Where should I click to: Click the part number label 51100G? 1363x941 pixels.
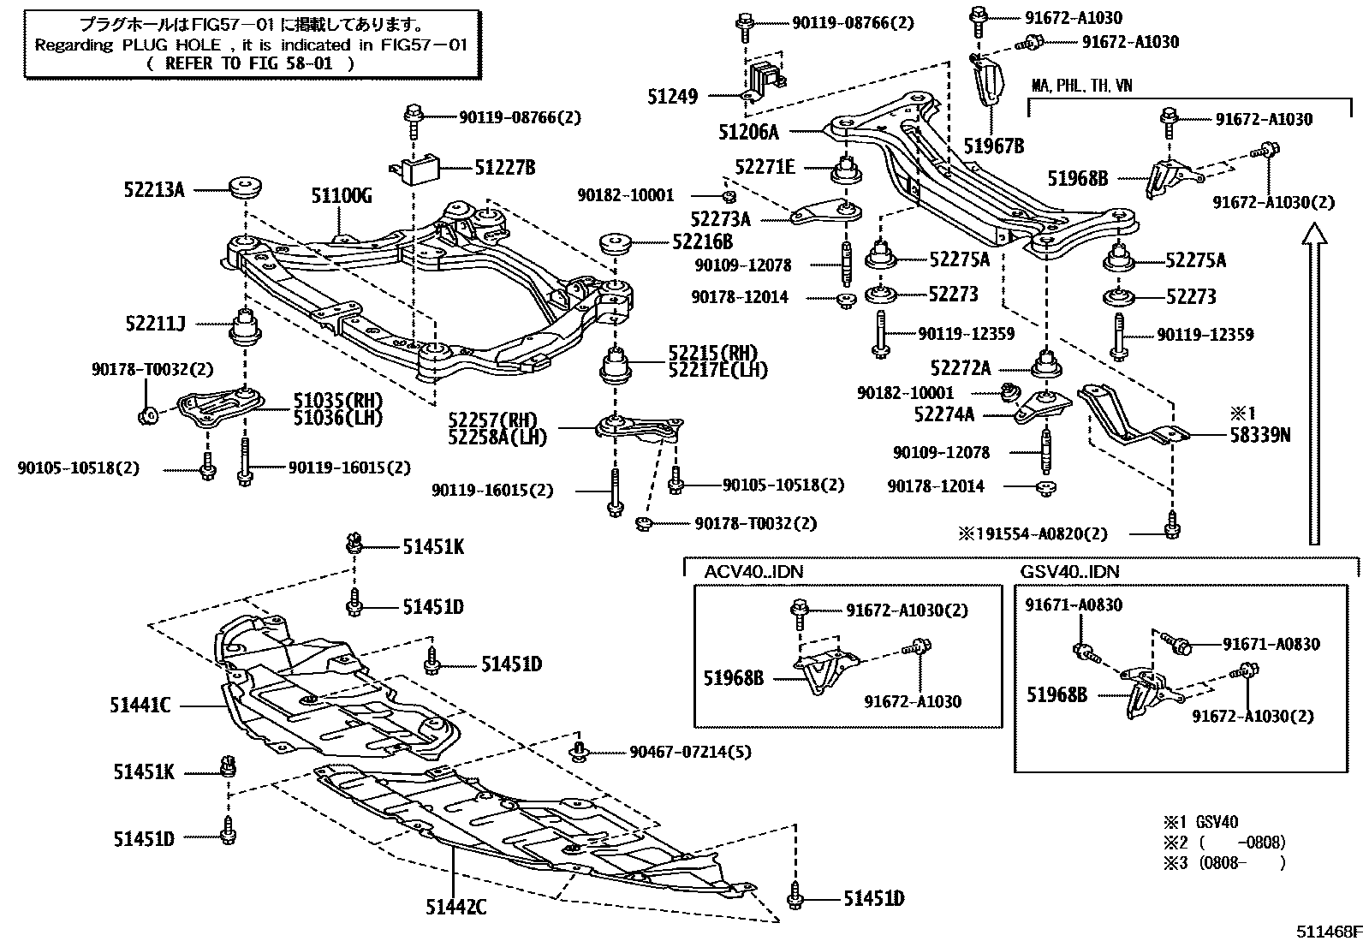click(342, 197)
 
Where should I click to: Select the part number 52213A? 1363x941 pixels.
click(154, 189)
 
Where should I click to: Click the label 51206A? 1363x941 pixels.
click(749, 132)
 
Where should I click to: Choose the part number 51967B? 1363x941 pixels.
click(994, 146)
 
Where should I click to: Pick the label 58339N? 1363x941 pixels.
click(1259, 435)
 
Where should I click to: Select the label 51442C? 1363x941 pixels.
click(455, 906)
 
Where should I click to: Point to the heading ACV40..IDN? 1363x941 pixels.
click(754, 572)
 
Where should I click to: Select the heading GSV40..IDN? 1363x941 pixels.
click(1069, 572)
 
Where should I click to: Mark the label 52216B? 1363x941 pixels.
click(702, 242)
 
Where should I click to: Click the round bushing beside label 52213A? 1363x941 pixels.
click(247, 187)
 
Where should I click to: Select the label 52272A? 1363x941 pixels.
click(961, 368)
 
